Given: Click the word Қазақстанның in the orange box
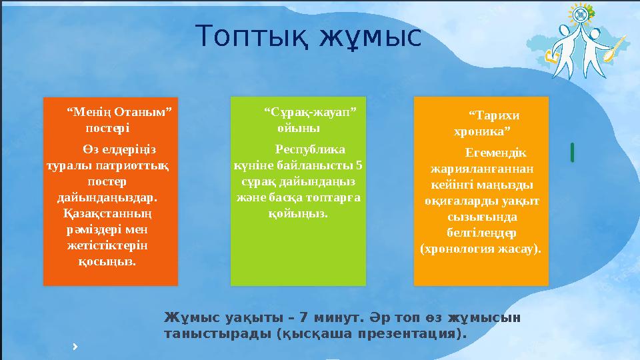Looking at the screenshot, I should click(x=107, y=214).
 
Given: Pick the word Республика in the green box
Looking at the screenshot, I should click(x=310, y=150).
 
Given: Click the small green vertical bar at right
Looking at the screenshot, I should click(x=572, y=152).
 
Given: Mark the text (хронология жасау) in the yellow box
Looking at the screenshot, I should click(x=480, y=249).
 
